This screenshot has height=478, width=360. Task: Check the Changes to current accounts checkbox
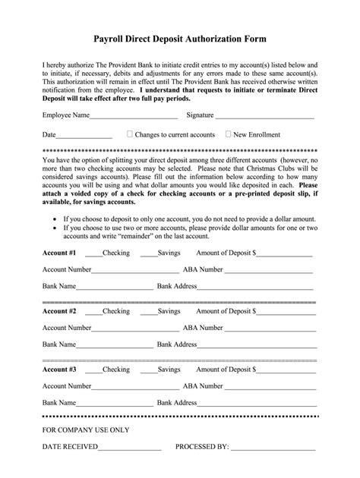click(130, 134)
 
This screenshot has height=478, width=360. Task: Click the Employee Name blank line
click(133, 117)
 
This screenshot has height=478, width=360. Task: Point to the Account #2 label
click(59, 310)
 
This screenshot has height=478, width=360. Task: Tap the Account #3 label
click(59, 370)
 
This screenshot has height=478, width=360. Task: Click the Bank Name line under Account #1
click(114, 288)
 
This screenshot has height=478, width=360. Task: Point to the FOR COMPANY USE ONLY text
click(86, 429)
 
